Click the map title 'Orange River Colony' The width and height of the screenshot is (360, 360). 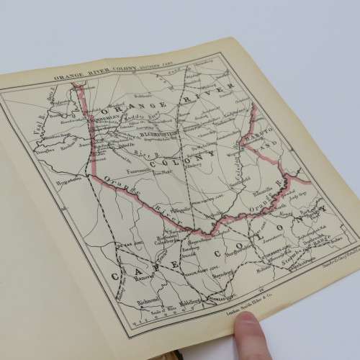tap(108, 74)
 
